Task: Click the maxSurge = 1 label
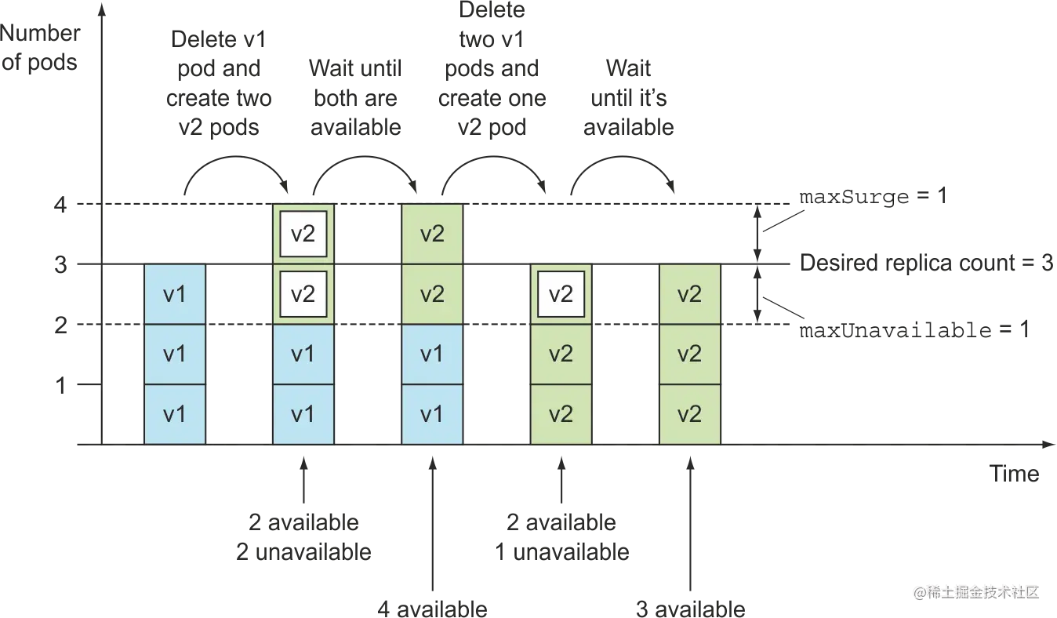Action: pyautogui.click(x=873, y=196)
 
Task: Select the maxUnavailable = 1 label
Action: pyautogui.click(x=914, y=329)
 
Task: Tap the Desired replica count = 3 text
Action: pyautogui.click(x=926, y=263)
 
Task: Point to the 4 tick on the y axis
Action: pyautogui.click(x=60, y=205)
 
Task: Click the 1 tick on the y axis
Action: pyautogui.click(x=60, y=385)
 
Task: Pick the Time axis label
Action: pyautogui.click(x=1014, y=473)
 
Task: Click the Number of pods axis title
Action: pyautogui.click(x=40, y=48)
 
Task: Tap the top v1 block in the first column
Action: pyautogui.click(x=175, y=294)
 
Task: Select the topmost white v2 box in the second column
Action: pyautogui.click(x=303, y=234)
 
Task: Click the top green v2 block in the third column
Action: pyautogui.click(x=432, y=234)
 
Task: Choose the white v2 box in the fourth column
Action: pyautogui.click(x=561, y=294)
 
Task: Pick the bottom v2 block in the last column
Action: pyautogui.click(x=690, y=414)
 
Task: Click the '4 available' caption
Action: pyautogui.click(x=432, y=609)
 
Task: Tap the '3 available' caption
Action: pyautogui.click(x=690, y=609)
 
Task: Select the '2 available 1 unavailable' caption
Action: pyautogui.click(x=561, y=536)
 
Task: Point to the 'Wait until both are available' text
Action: pyautogui.click(x=355, y=98)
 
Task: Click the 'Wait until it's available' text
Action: pyautogui.click(x=629, y=98)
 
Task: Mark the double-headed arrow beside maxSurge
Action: pyautogui.click(x=757, y=234)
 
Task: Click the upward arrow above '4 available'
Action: pyautogui.click(x=433, y=524)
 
